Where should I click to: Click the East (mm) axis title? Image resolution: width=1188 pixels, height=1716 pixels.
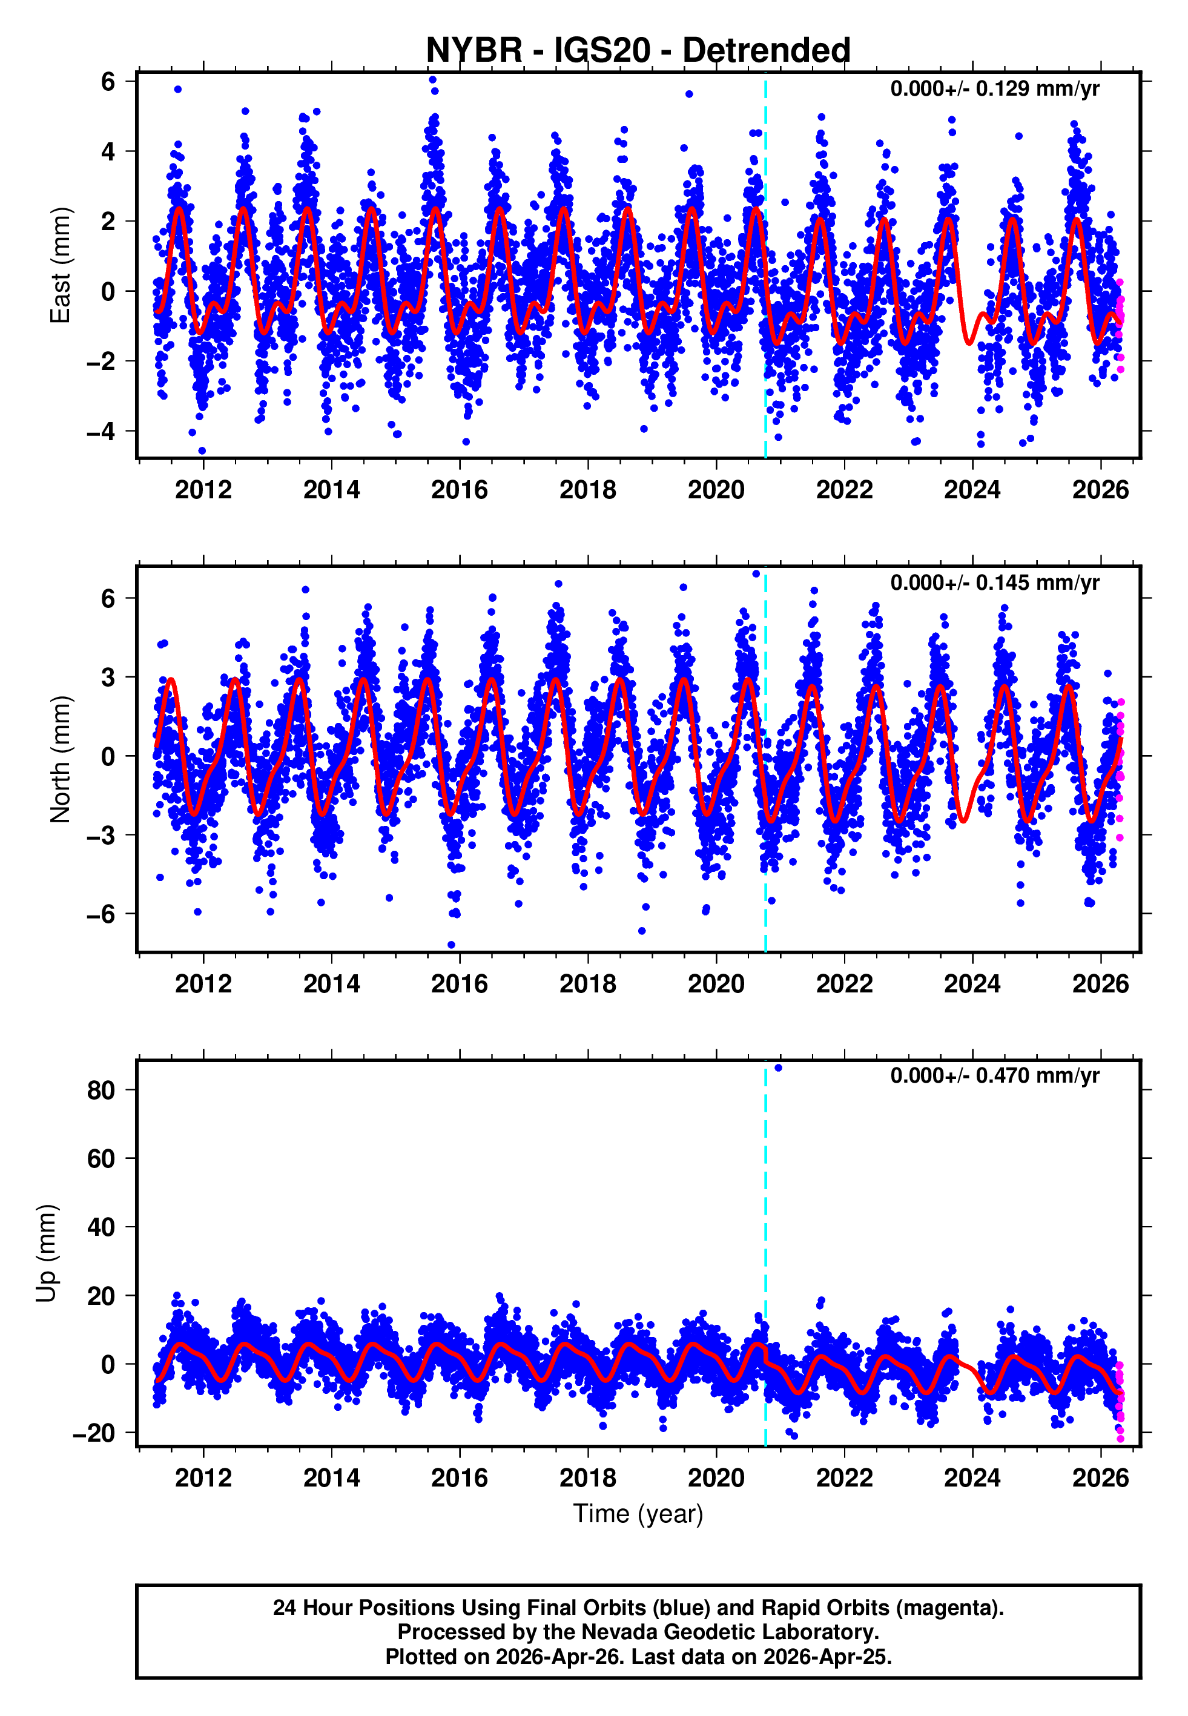pos(59,266)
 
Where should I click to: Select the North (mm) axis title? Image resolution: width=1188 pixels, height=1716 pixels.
pos(59,759)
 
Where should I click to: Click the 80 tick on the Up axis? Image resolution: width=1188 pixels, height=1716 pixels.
pos(101,1090)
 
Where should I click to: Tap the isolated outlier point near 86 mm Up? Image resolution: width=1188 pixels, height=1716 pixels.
pos(778,1068)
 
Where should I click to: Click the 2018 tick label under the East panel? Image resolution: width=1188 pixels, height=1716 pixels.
pos(587,490)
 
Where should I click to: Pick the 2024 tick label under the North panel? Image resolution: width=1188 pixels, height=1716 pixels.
pos(972,984)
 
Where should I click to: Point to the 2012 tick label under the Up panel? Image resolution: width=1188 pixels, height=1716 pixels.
pos(203,1477)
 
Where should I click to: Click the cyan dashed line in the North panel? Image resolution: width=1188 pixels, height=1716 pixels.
pos(765,819)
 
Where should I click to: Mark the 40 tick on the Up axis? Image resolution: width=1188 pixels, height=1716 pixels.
pos(101,1227)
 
